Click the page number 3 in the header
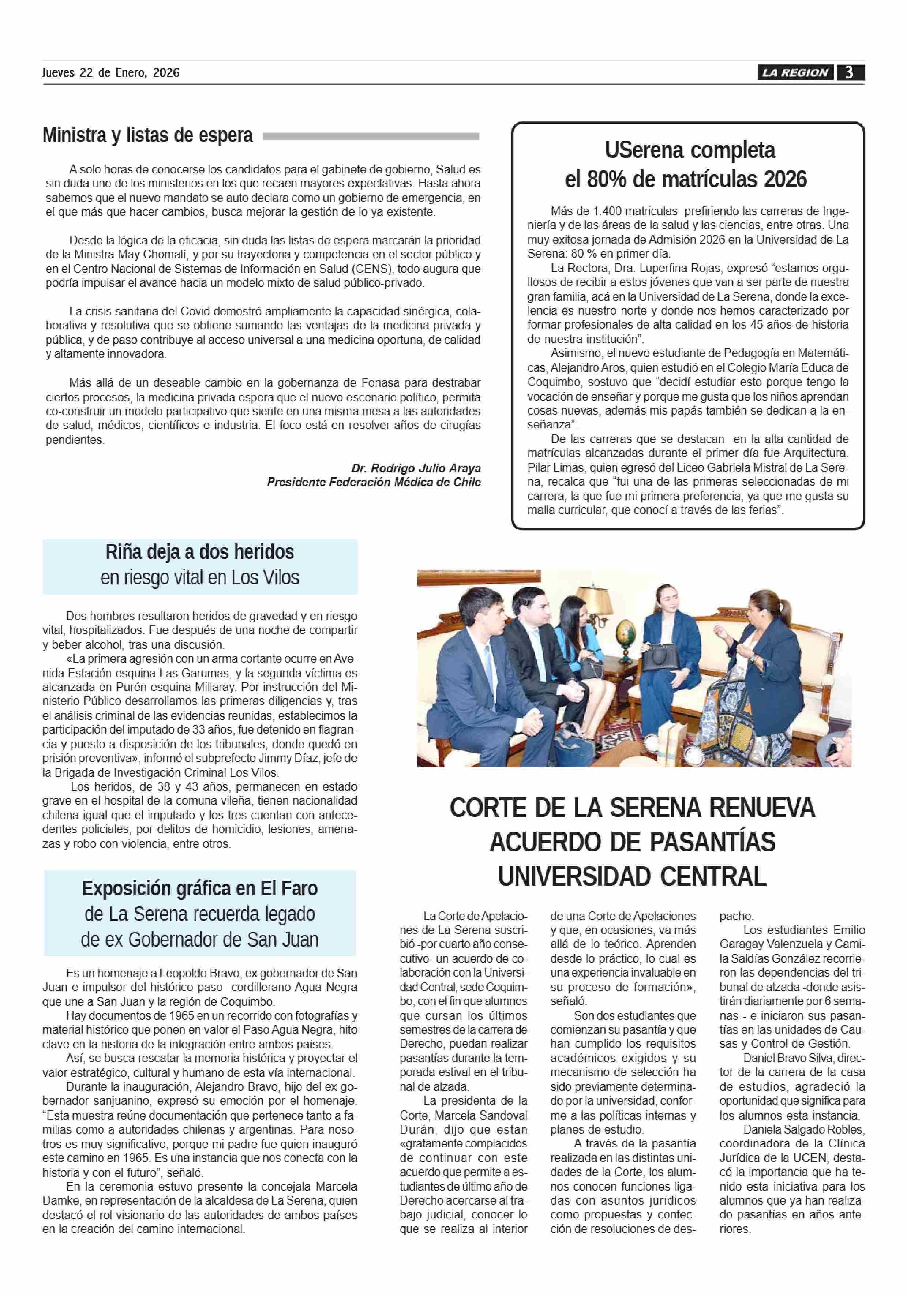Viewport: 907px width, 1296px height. click(x=849, y=73)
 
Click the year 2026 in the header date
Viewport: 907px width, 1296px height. click(x=166, y=73)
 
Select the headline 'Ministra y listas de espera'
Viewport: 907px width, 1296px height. click(x=148, y=135)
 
